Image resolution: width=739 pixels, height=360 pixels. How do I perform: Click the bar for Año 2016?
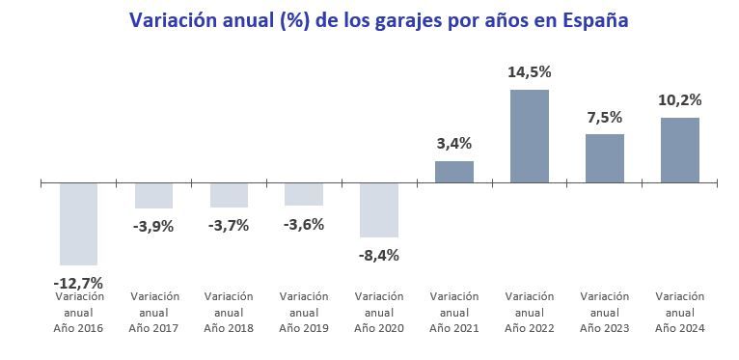tap(78, 223)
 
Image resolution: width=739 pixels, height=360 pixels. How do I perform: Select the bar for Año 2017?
tap(153, 195)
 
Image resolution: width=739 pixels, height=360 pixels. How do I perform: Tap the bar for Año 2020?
tap(378, 209)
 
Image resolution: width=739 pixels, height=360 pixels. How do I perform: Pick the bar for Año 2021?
tap(453, 171)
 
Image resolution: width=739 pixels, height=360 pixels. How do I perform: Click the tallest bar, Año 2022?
tap(529, 136)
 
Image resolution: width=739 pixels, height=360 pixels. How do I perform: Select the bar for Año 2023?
tap(604, 157)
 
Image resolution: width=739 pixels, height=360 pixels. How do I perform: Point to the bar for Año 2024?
tap(679, 150)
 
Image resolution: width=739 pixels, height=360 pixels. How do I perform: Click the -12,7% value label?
tap(78, 283)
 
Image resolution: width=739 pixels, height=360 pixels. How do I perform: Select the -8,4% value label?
tap(378, 256)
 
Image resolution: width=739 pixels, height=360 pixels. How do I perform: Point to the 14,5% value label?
tap(529, 72)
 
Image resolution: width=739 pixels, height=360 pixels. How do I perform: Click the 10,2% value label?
tap(679, 100)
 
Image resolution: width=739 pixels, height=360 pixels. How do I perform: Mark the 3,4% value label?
tap(453, 144)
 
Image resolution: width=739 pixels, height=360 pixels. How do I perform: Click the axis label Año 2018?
tap(229, 328)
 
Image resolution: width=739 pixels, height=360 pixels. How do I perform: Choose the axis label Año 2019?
tap(304, 328)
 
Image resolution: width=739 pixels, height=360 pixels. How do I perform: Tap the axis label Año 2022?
tap(529, 328)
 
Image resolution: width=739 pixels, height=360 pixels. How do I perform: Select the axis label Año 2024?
tap(679, 328)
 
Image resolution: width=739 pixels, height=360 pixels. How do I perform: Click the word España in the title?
tap(589, 20)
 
